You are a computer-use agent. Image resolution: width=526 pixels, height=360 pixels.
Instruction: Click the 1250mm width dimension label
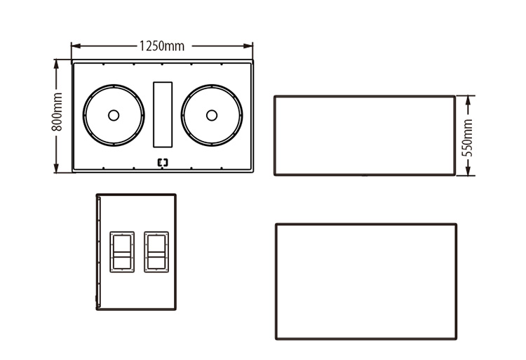(x=162, y=46)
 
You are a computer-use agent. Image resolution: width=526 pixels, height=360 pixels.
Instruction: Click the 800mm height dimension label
(x=58, y=115)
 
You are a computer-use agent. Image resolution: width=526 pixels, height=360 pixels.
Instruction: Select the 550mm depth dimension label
(x=468, y=135)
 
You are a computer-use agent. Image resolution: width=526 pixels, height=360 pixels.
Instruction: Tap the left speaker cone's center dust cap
(x=114, y=115)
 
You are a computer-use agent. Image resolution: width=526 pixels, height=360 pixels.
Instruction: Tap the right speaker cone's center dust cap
(x=211, y=115)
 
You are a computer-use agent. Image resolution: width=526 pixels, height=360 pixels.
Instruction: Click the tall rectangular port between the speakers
(x=163, y=114)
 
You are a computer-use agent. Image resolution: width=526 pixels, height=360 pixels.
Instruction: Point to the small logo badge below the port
(x=163, y=163)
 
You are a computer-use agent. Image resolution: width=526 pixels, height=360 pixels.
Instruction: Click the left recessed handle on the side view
(x=121, y=251)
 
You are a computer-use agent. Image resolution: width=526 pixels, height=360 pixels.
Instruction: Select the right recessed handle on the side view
(x=156, y=251)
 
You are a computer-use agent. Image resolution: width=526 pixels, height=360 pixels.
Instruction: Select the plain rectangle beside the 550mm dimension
(x=365, y=135)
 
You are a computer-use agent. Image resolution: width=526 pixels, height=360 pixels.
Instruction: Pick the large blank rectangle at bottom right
(x=366, y=281)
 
